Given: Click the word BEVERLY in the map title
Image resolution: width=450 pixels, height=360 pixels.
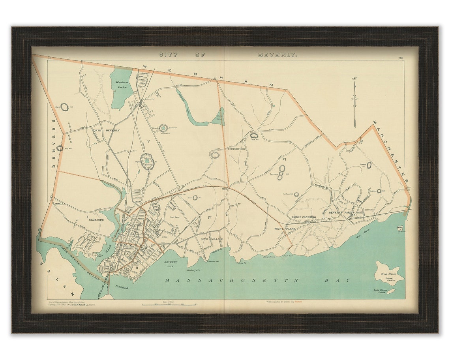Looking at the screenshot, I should point(277,55).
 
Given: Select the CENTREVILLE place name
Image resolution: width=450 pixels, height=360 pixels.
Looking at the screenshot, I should point(236,149).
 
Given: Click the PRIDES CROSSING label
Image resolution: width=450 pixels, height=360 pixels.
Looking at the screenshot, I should point(304,217).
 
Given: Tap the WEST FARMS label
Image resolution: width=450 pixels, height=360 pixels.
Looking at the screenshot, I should point(285,229).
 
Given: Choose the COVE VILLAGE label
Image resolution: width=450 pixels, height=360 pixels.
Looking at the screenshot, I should point(212,239).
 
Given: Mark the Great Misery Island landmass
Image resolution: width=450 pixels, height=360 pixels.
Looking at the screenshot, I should point(389,272).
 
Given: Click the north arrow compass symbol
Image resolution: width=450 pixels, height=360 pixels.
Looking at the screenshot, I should point(354,101).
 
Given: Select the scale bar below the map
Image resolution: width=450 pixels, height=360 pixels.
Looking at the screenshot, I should point(170,304).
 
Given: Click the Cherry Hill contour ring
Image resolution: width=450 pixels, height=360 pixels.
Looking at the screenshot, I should point(64,107).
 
